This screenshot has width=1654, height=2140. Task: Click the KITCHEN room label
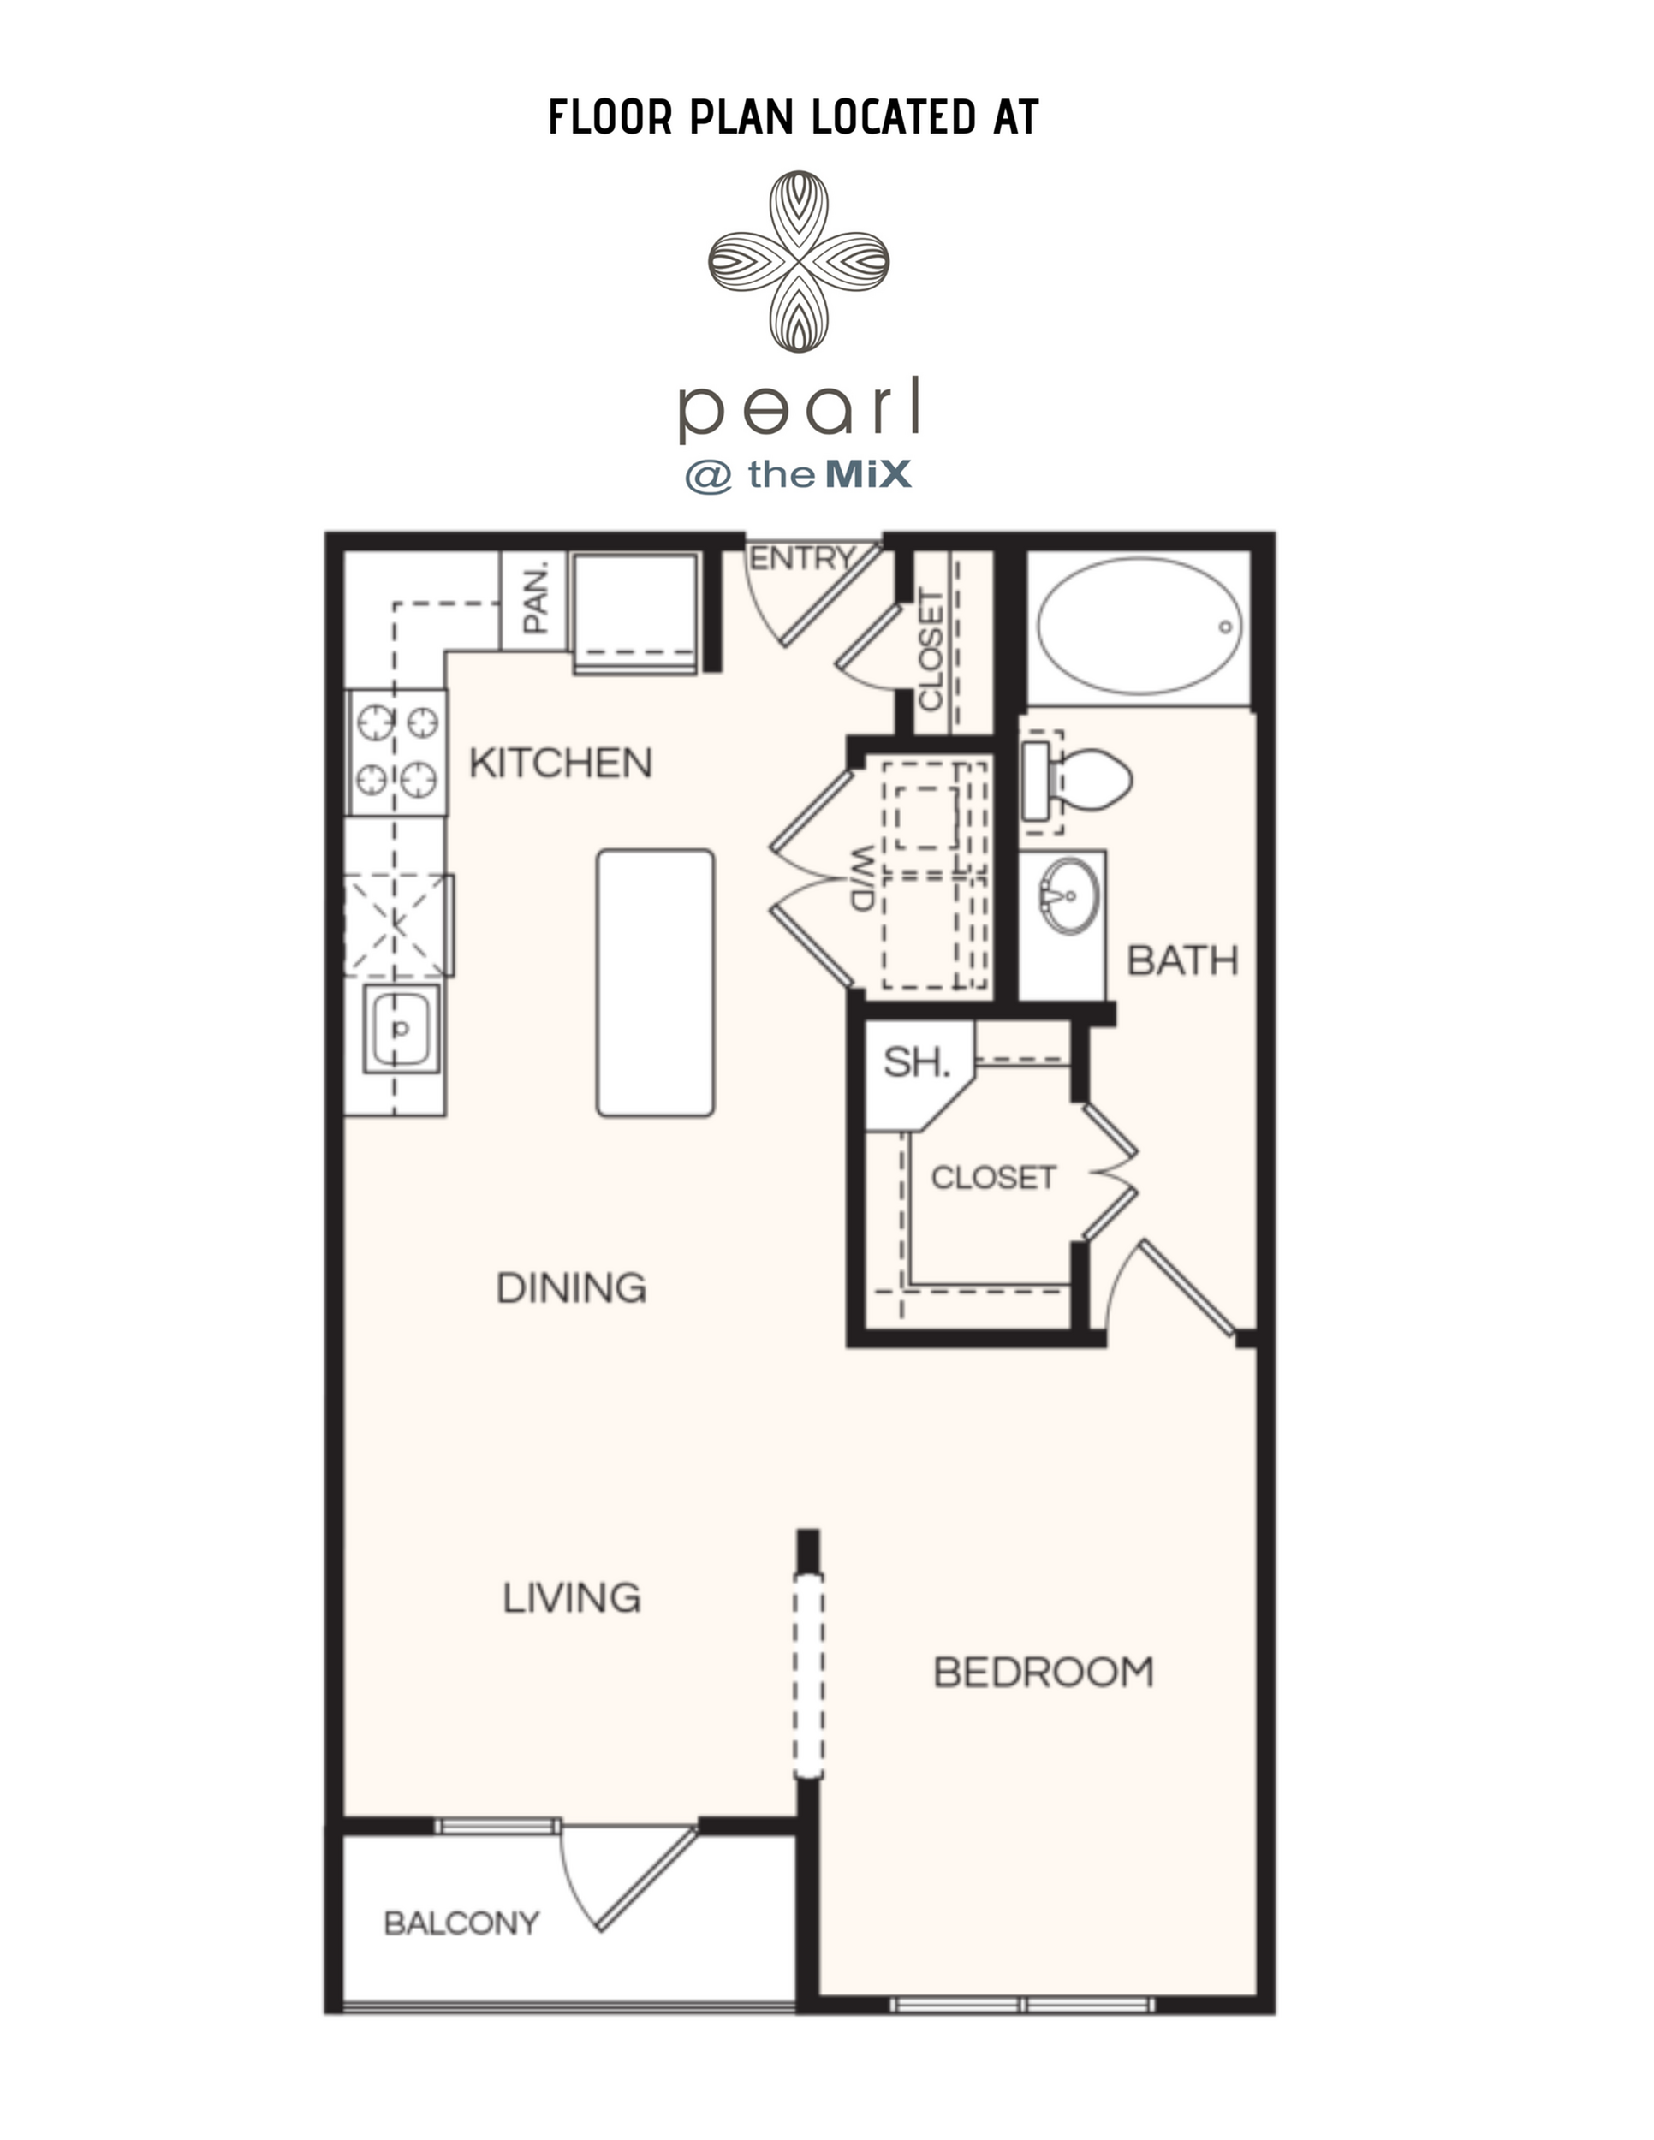561,764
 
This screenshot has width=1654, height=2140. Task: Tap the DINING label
571,1288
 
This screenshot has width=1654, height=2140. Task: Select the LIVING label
572,1598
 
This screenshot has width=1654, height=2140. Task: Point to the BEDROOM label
1044,1673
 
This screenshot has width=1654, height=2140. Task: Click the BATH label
1182,961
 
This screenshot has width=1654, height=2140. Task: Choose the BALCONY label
461,1923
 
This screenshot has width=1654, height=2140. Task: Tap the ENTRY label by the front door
801,558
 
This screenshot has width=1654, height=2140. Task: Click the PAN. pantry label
535,596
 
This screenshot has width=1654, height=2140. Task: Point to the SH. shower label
916,1062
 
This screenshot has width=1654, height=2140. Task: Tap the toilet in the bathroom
1076,781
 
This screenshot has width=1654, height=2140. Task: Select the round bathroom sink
1071,895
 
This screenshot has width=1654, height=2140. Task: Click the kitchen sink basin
400,1030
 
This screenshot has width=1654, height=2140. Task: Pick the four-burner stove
398,752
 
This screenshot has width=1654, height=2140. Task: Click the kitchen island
656,983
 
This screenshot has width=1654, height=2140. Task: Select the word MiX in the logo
869,475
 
